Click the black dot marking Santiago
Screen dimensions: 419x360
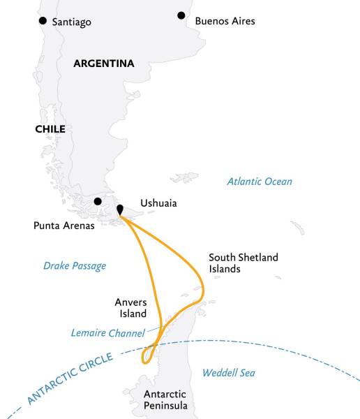pos(44,21)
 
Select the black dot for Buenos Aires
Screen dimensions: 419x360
pos(181,15)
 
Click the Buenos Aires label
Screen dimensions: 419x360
pos(225,21)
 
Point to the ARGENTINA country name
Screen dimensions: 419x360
pos(104,64)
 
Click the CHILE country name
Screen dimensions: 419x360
pos(50,129)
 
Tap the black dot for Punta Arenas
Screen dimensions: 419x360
pos(98,202)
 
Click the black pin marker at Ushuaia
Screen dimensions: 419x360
pos(120,209)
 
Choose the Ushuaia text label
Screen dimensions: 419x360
pos(158,203)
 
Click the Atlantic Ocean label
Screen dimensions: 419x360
pos(260,182)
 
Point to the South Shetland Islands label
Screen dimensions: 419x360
pos(243,263)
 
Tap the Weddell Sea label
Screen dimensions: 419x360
pos(228,373)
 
